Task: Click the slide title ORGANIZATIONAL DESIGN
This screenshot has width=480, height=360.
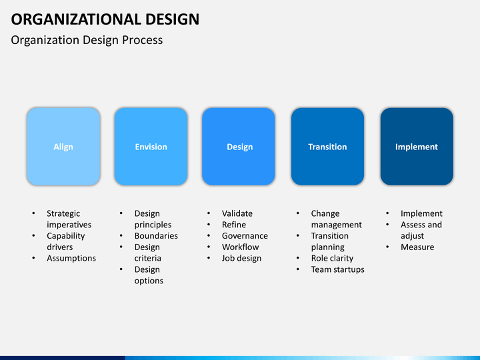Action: click(105, 19)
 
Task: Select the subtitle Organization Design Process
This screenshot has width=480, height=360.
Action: click(87, 40)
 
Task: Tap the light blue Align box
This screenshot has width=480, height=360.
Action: click(63, 146)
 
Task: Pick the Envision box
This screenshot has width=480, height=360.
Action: click(151, 146)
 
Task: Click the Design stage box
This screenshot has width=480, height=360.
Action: click(239, 146)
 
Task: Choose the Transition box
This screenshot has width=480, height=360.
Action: click(327, 146)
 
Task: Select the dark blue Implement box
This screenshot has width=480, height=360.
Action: click(417, 146)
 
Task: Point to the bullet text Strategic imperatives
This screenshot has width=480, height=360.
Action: click(69, 219)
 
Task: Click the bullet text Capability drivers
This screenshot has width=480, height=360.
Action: click(66, 241)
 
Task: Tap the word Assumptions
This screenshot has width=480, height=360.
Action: click(71, 258)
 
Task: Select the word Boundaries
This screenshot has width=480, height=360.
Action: click(156, 236)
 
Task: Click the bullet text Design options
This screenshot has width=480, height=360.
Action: click(149, 275)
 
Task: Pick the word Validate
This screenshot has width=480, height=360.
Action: click(237, 213)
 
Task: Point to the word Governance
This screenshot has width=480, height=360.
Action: click(245, 236)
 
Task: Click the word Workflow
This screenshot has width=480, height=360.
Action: click(240, 247)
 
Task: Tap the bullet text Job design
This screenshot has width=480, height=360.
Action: click(241, 258)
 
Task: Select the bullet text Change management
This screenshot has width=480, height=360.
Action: click(337, 219)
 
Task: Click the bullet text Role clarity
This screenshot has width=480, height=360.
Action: click(332, 258)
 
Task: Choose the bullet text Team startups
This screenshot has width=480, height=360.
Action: click(337, 269)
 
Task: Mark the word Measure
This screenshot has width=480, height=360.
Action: click(417, 247)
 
